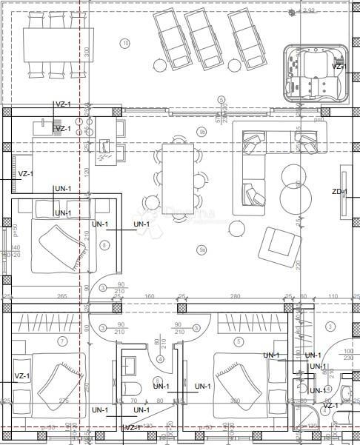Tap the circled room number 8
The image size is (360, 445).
click(104, 245)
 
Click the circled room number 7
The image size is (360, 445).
click(62, 341)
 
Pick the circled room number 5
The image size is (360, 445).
click(239, 341)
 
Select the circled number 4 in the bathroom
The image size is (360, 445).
click(160, 360)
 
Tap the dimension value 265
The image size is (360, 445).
click(62, 297)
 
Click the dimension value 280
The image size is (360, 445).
click(236, 297)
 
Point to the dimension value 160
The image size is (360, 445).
click(149, 297)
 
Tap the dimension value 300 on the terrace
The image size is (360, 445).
click(87, 53)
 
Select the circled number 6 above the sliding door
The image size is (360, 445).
click(220, 99)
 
